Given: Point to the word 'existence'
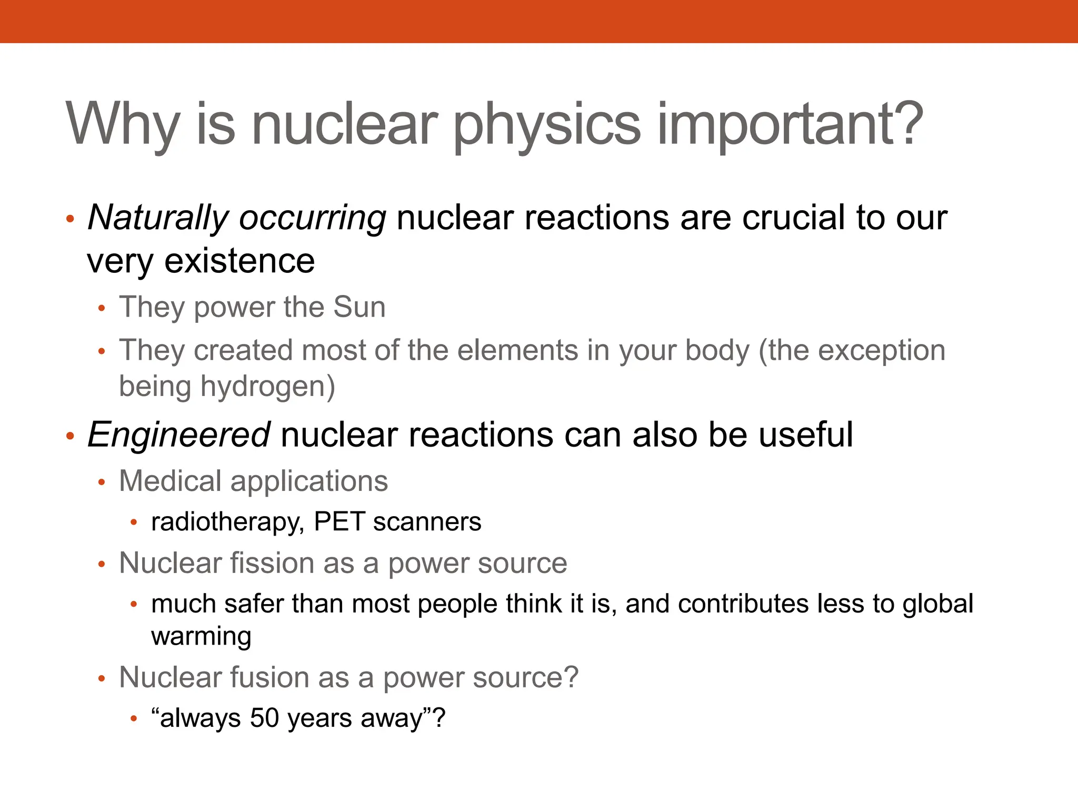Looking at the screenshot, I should point(239,261).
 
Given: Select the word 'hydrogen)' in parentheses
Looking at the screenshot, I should point(268,387).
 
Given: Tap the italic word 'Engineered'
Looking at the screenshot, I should point(179,435).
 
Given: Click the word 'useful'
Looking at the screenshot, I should point(805,435).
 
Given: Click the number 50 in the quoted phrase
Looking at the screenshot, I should point(264,718).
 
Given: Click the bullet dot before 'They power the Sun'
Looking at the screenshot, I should point(102,308).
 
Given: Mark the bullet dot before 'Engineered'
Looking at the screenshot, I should point(71,436).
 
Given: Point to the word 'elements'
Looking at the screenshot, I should point(518,351).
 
